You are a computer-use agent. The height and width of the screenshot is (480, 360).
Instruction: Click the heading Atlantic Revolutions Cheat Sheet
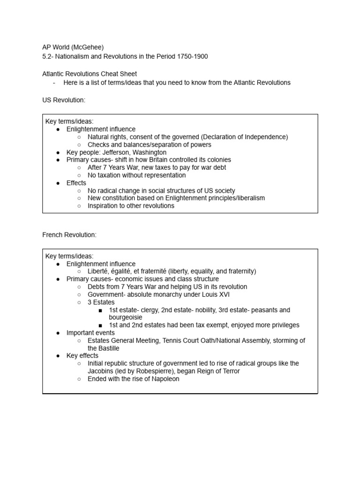90,74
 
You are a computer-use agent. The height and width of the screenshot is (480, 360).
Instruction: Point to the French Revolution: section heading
69,235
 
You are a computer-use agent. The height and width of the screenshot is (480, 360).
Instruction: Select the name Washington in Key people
150,152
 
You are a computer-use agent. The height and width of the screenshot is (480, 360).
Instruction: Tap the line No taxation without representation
136,175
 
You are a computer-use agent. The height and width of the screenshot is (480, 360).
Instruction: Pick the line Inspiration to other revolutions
131,206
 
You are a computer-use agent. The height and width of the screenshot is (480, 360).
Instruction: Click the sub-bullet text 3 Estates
101,302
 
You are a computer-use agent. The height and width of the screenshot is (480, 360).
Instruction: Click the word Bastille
107,348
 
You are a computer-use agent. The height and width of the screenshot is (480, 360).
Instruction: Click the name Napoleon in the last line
164,379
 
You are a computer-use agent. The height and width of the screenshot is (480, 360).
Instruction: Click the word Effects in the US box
76,183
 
